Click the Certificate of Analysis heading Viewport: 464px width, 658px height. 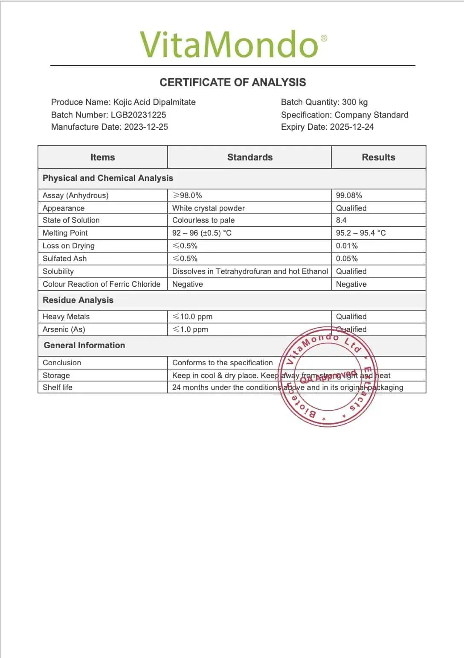pyautogui.click(x=233, y=82)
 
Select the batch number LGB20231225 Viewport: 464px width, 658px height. pyautogui.click(x=138, y=115)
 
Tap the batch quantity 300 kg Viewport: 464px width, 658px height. pyautogui.click(x=354, y=102)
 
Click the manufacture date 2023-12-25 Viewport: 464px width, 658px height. pyautogui.click(x=146, y=127)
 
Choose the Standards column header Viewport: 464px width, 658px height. pyautogui.click(x=250, y=157)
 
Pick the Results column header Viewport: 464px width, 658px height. pyautogui.click(x=378, y=157)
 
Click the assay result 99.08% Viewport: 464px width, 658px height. pyautogui.click(x=349, y=195)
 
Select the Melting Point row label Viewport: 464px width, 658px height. pyautogui.click(x=65, y=233)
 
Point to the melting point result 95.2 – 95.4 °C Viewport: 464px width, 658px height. pyautogui.click(x=361, y=233)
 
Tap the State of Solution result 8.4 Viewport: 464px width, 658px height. pyautogui.click(x=341, y=220)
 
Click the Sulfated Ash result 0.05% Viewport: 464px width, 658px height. pyautogui.click(x=347, y=259)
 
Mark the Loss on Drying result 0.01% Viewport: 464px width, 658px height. pyautogui.click(x=347, y=246)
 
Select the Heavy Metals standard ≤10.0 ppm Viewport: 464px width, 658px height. pyautogui.click(x=192, y=317)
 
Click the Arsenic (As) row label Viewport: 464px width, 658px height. pyautogui.click(x=64, y=329)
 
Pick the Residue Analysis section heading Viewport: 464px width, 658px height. pyautogui.click(x=78, y=300)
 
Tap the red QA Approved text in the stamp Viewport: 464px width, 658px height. pyautogui.click(x=328, y=376)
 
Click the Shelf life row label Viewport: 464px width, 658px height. pyautogui.click(x=58, y=387)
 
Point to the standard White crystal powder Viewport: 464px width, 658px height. pyautogui.click(x=209, y=208)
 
